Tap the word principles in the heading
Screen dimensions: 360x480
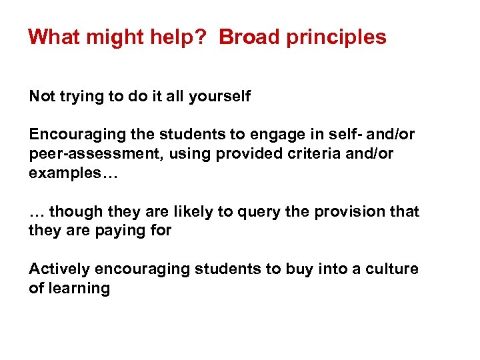(x=337, y=37)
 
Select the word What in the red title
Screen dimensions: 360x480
(x=54, y=37)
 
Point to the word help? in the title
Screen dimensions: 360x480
(x=181, y=37)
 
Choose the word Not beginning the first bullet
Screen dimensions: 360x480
(x=41, y=97)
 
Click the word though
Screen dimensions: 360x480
(x=74, y=212)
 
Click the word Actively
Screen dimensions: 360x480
(x=59, y=269)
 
